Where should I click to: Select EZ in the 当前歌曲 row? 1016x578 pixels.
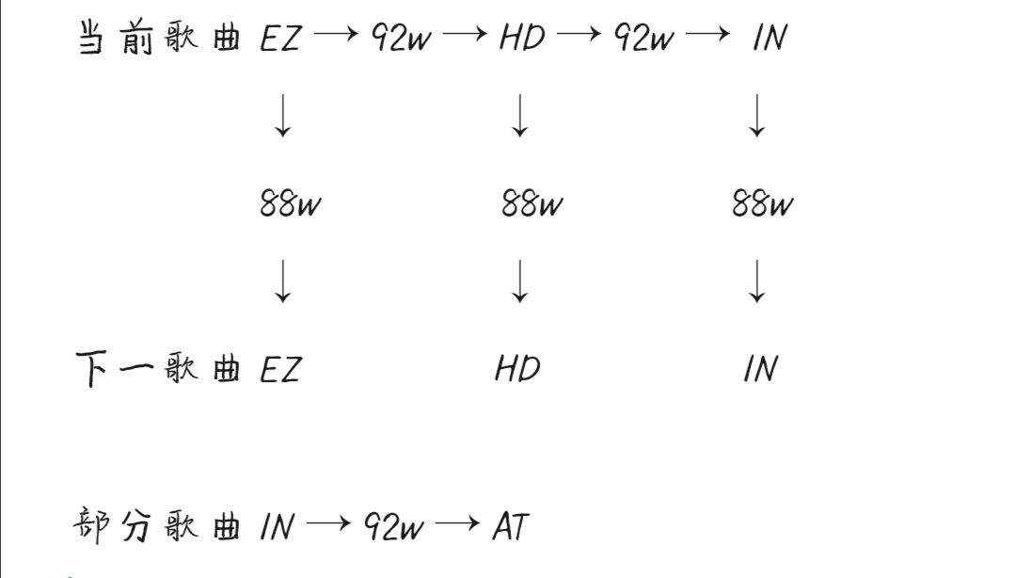tap(280, 40)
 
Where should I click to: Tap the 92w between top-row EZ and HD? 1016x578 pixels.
tap(401, 40)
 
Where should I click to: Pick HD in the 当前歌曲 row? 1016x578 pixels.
tap(522, 40)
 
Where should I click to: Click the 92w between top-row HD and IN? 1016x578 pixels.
tap(644, 40)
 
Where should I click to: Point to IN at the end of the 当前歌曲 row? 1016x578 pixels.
tap(770, 40)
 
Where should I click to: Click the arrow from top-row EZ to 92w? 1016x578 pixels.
tap(336, 36)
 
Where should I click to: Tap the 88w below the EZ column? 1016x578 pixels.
tap(291, 203)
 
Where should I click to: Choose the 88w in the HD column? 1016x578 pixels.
tap(532, 203)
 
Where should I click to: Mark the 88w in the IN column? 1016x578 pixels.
tap(763, 203)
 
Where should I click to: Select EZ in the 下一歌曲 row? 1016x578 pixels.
tap(280, 369)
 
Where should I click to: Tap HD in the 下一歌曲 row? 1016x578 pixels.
tap(518, 369)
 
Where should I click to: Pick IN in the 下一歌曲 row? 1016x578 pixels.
tap(760, 369)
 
